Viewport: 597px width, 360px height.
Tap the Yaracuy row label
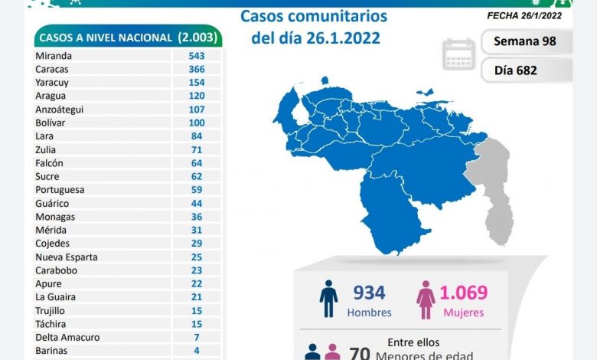(x=51, y=83)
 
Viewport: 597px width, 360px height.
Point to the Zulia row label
(x=45, y=149)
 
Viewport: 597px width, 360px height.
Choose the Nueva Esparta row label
(x=66, y=257)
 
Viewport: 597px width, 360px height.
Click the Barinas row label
(x=51, y=351)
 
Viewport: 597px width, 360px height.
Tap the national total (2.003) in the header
(x=197, y=37)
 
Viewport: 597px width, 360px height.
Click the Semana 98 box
(x=527, y=41)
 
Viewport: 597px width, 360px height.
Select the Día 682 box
(x=527, y=70)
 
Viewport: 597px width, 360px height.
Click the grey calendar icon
(x=458, y=54)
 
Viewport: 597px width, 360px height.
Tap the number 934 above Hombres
(x=369, y=293)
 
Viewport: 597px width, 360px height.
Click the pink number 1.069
(x=463, y=293)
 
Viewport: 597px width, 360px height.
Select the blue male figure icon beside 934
(x=328, y=299)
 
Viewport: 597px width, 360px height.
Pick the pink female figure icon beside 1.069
(x=425, y=299)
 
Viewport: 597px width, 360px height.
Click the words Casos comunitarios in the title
(x=314, y=16)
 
